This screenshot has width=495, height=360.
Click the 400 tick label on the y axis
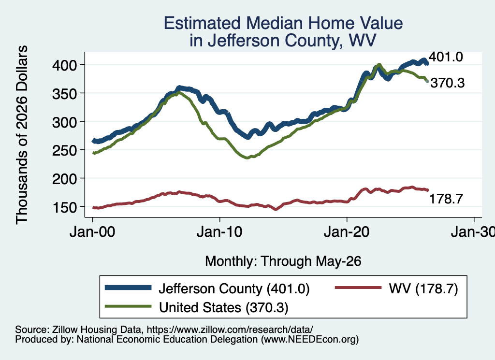[64, 65]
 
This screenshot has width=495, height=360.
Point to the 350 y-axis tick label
[64, 94]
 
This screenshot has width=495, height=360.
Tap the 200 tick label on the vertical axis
[64, 179]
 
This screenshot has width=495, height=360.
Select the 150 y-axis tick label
[64, 207]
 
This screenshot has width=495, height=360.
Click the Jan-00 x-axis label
[92, 232]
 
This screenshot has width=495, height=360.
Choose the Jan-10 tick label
[219, 232]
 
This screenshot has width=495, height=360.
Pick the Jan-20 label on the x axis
[347, 232]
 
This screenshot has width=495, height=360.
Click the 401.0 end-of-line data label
[446, 57]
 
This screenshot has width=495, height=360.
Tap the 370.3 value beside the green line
[448, 83]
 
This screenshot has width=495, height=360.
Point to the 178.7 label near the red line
[446, 199]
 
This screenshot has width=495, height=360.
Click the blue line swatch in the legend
[128, 288]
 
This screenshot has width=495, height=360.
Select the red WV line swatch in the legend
[358, 288]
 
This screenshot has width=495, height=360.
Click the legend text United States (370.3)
[223, 307]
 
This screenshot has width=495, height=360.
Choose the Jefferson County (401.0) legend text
[234, 288]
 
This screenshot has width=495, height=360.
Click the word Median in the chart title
[274, 23]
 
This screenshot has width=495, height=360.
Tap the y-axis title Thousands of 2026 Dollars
[22, 135]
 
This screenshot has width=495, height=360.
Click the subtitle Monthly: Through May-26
[283, 261]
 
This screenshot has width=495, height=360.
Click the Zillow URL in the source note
[230, 330]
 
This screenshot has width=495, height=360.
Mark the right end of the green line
[427, 81]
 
